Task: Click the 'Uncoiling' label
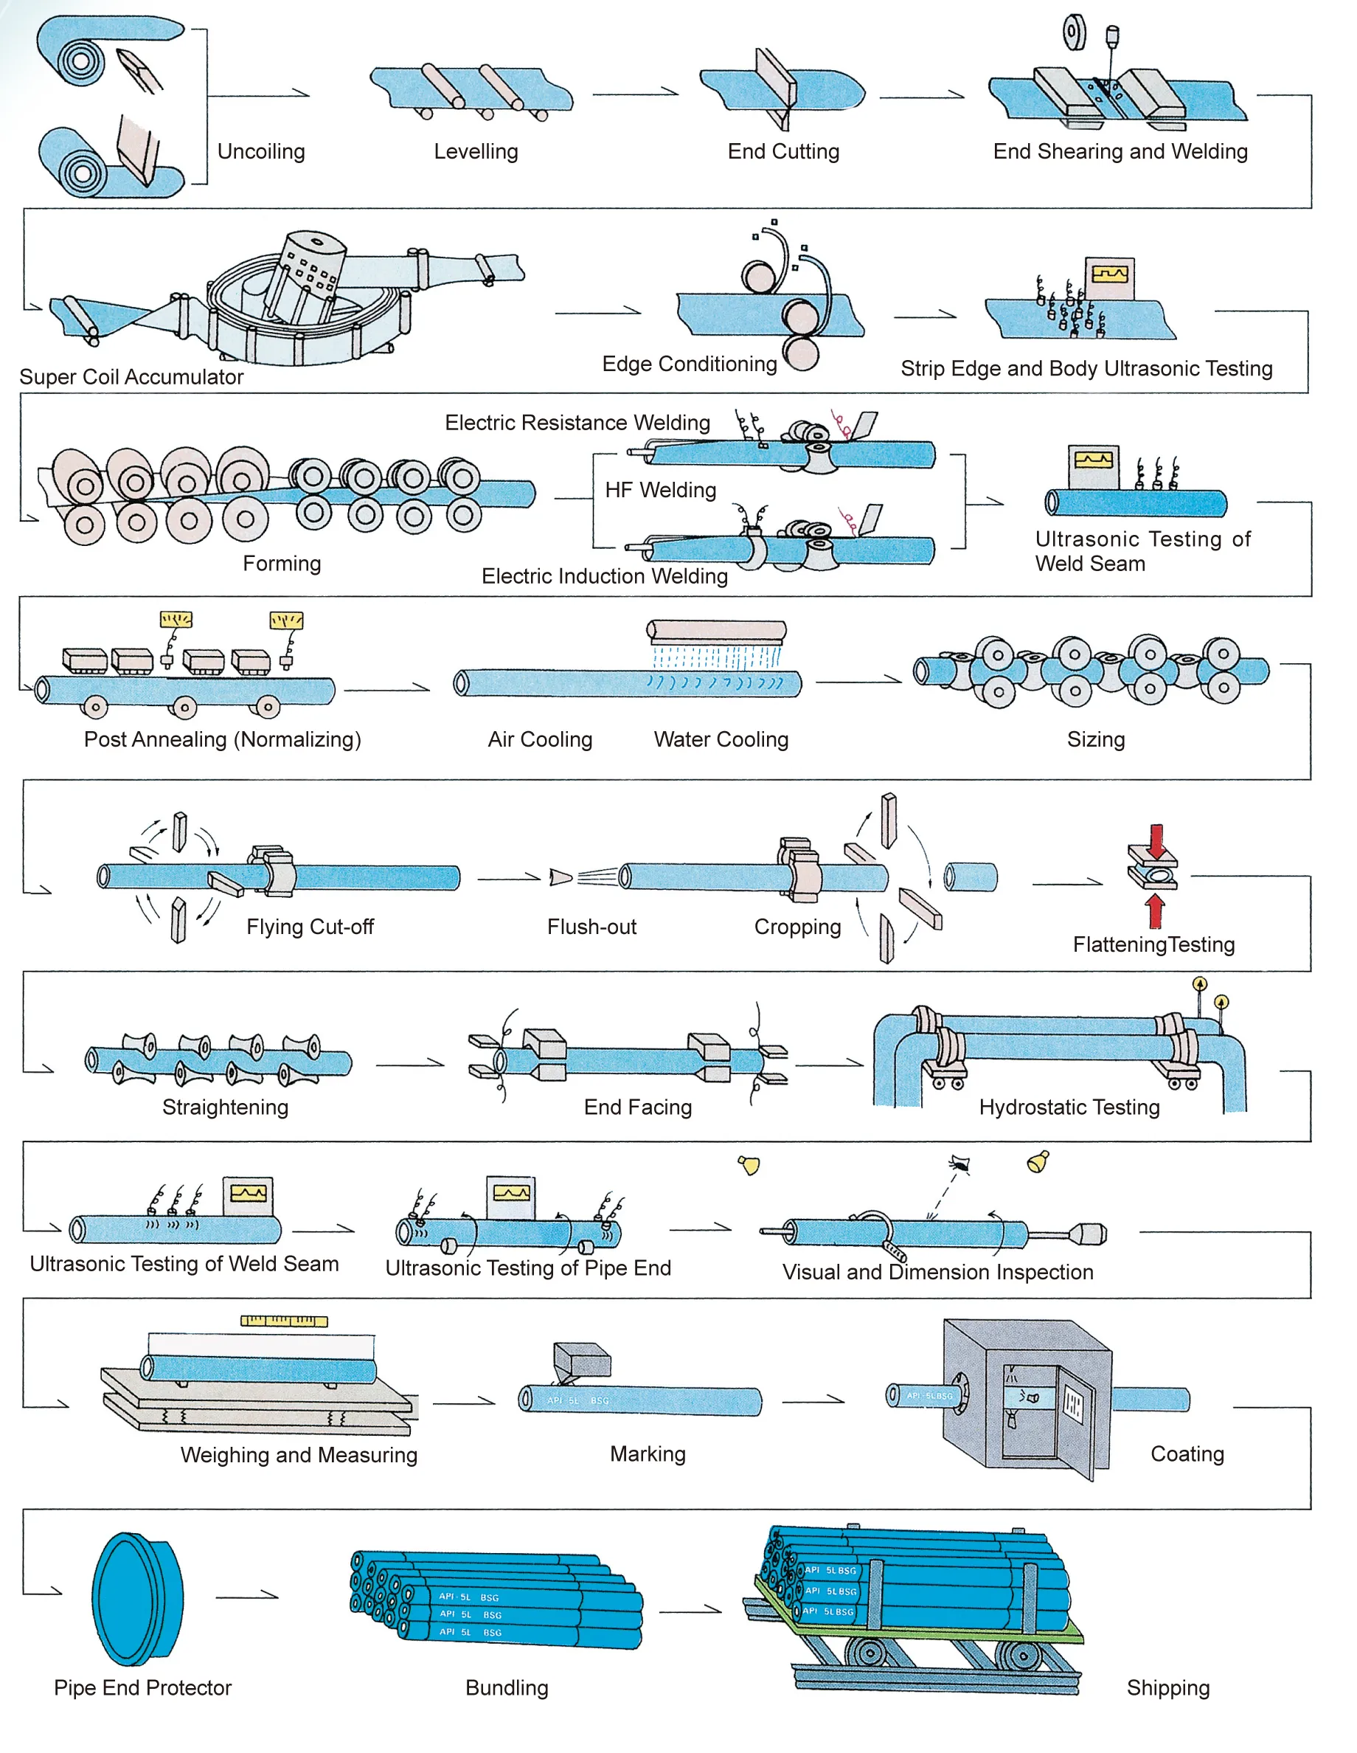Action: point(261,152)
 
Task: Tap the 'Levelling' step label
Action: point(476,152)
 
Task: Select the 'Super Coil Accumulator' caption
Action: point(131,377)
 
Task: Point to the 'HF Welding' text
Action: point(661,490)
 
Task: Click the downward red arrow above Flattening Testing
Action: point(1156,840)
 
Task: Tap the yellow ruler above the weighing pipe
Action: point(284,1321)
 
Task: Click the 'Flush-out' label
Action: point(591,927)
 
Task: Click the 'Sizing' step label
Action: point(1095,739)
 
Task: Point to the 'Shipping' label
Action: point(1167,1688)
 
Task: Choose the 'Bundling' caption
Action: point(507,1688)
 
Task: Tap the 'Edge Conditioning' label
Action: point(690,364)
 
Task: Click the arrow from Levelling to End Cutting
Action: point(636,93)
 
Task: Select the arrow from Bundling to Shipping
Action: point(690,1609)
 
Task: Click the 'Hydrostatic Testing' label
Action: point(1069,1107)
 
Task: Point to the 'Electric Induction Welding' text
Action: point(604,576)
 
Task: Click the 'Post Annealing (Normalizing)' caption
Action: point(222,739)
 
